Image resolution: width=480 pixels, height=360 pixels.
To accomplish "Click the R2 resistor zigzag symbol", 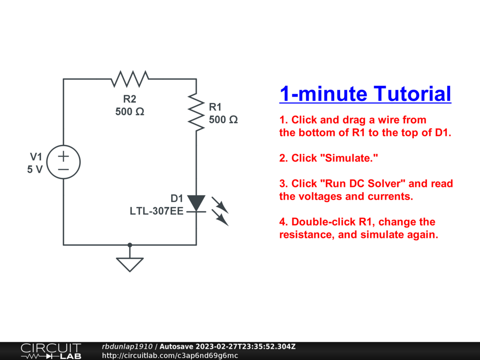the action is [x=130, y=79].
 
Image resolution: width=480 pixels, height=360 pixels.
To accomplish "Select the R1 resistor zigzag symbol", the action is [x=196, y=112].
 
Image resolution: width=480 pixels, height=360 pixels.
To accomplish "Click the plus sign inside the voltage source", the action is [x=63, y=157].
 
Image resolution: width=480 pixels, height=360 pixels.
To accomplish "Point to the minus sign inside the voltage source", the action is [x=63, y=169].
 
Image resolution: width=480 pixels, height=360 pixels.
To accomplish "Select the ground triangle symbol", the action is [x=130, y=265].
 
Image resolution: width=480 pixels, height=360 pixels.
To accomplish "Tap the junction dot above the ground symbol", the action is [x=130, y=245].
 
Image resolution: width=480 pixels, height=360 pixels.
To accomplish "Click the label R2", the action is [x=129, y=99].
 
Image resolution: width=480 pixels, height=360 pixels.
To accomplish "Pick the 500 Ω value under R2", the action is [x=129, y=112].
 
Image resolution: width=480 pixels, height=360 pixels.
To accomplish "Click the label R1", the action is [x=215, y=107].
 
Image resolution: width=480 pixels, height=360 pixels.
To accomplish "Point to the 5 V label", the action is [x=35, y=169].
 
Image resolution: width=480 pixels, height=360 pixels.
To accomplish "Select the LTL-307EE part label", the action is [x=157, y=211].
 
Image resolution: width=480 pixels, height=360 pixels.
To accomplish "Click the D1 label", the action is [x=177, y=198].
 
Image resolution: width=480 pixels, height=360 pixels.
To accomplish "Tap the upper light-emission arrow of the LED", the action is [x=220, y=205].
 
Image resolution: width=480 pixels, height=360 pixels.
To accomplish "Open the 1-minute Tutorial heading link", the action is [x=365, y=94].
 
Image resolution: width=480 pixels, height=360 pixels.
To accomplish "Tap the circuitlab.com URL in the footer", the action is [x=170, y=355].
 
